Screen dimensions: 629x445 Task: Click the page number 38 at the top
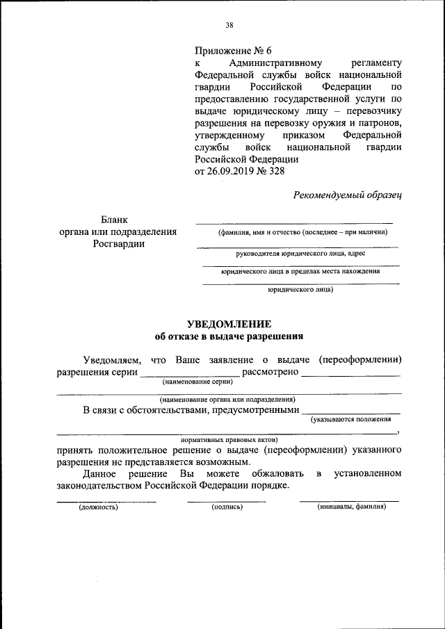pos(229,26)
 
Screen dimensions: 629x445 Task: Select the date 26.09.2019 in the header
pos(230,170)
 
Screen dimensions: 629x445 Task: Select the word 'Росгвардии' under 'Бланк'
pos(118,244)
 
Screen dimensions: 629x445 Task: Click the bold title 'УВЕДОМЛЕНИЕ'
pos(229,324)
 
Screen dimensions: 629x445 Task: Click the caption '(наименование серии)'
pos(197,382)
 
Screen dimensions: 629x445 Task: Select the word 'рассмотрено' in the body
pos(270,372)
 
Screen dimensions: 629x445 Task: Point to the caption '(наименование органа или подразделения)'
pos(227,400)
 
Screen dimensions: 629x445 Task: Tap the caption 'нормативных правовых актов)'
pos(229,440)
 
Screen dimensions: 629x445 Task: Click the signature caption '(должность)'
pos(98,507)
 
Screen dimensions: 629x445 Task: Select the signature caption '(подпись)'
pos(227,507)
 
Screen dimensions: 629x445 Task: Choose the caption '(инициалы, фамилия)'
pos(351,507)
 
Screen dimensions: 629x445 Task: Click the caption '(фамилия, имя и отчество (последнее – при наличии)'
pos(302,231)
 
